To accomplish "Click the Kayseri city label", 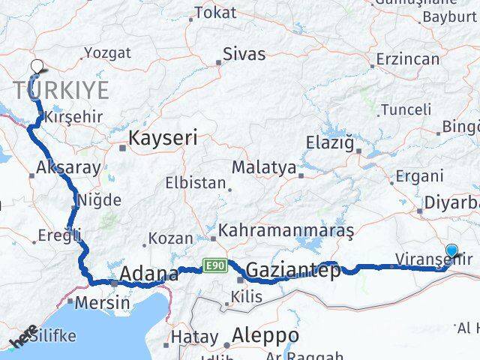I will [163, 138].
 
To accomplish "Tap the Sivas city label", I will [244, 55].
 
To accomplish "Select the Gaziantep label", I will [293, 270].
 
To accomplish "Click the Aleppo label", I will [265, 335].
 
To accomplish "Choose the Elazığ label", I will [329, 142].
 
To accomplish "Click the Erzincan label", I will [406, 58].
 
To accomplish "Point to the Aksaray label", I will [67, 168].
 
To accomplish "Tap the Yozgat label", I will [107, 52].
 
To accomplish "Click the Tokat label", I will [215, 13].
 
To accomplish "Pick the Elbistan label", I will [195, 183].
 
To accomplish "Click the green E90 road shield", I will [214, 265].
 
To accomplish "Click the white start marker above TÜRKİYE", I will [38, 67].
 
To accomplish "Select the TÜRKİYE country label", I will [61, 90].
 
